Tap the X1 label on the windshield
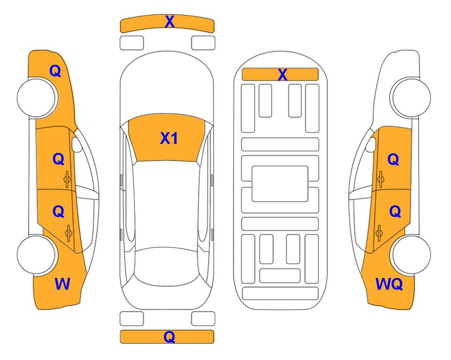[169, 138]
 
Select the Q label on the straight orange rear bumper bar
[169, 337]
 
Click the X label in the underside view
[282, 75]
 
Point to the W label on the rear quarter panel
[62, 284]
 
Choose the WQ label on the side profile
[389, 284]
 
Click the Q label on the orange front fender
[55, 71]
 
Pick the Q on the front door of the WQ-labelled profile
[393, 159]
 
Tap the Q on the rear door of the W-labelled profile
[59, 212]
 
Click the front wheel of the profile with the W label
[37, 97]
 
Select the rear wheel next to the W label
[37, 255]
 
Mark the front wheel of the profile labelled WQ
[411, 97]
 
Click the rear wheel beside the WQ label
[411, 255]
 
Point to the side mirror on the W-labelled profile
[77, 144]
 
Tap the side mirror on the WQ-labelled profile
[371, 144]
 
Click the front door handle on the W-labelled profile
[67, 179]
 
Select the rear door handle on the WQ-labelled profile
[379, 233]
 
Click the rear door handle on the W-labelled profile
[68, 233]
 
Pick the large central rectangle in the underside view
[280, 184]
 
